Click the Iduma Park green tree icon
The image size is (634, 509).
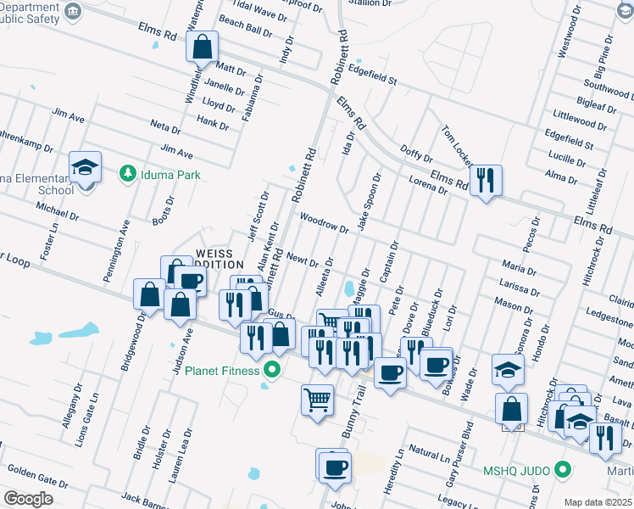[x=127, y=173]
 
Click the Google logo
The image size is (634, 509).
[x=28, y=499]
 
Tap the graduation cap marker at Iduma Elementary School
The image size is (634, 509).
[x=85, y=167]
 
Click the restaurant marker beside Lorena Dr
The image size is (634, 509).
[x=486, y=181]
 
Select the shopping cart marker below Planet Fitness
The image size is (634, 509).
[x=317, y=398]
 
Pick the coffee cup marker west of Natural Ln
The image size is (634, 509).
[x=333, y=467]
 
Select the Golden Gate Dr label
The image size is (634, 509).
[x=32, y=471]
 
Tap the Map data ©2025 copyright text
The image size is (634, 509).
[x=598, y=502]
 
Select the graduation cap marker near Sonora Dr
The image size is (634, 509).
[x=509, y=370]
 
